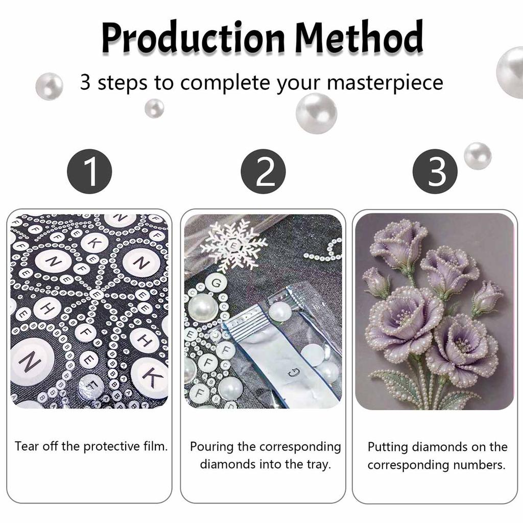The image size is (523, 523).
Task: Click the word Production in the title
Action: click(193, 37)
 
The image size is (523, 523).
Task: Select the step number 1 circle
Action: click(89, 171)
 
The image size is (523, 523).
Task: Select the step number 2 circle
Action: click(263, 171)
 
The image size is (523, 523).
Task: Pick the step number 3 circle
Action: click(435, 171)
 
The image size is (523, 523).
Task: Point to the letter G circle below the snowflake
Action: click(217, 283)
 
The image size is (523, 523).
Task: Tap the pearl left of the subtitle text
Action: click(50, 86)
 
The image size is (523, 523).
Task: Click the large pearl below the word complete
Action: click(316, 113)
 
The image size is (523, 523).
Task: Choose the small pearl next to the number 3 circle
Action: click(478, 156)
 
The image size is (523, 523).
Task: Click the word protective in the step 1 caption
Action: click(112, 446)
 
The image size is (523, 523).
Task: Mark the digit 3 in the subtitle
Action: click(85, 82)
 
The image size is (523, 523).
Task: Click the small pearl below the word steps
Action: click(154, 108)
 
